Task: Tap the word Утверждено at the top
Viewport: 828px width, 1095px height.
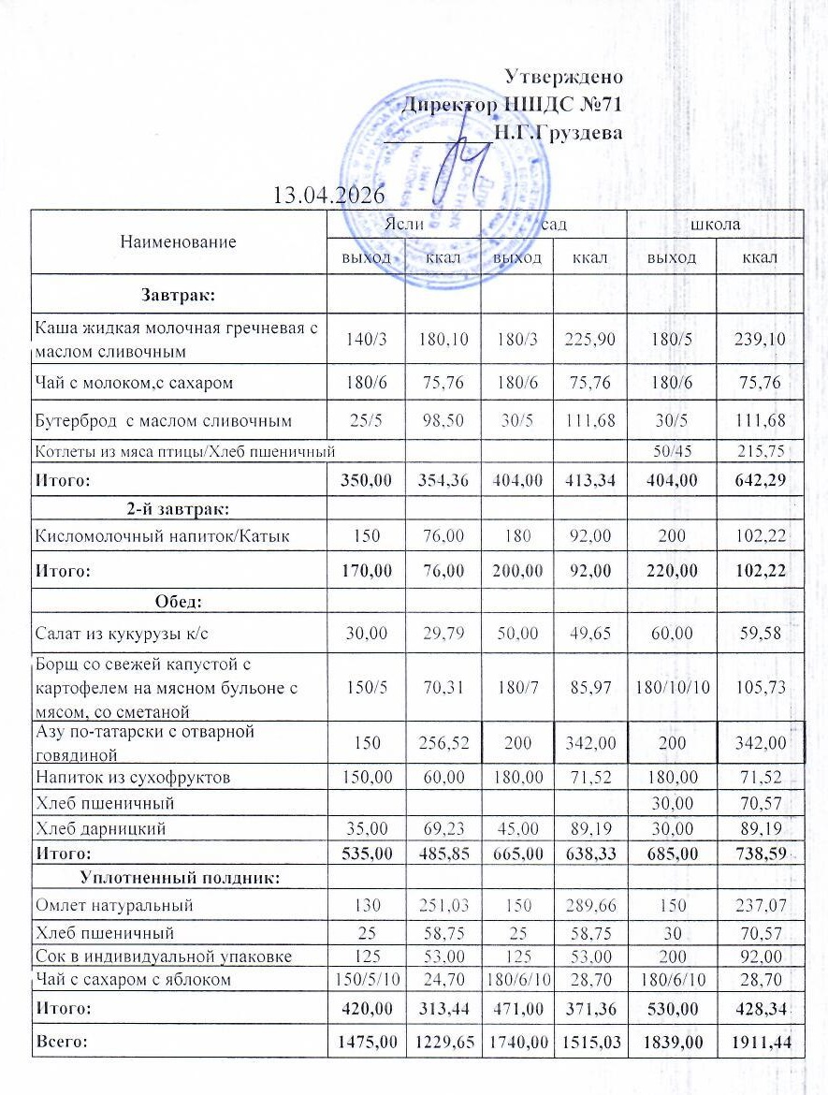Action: pyautogui.click(x=563, y=76)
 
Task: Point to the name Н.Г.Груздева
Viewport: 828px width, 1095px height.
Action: pyautogui.click(x=558, y=133)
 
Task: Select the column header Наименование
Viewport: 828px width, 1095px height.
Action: pyautogui.click(x=178, y=241)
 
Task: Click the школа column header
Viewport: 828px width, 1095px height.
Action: pyautogui.click(x=715, y=225)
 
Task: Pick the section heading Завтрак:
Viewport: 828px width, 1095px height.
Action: pyautogui.click(x=179, y=296)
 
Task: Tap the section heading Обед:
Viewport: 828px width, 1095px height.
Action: pyautogui.click(x=179, y=601)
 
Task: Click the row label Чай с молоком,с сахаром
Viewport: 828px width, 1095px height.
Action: pyautogui.click(x=133, y=383)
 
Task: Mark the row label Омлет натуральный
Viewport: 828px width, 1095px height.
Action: pyautogui.click(x=113, y=905)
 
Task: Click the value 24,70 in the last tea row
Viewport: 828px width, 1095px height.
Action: pyautogui.click(x=442, y=980)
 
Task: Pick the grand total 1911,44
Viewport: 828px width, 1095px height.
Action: pyautogui.click(x=759, y=1041)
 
